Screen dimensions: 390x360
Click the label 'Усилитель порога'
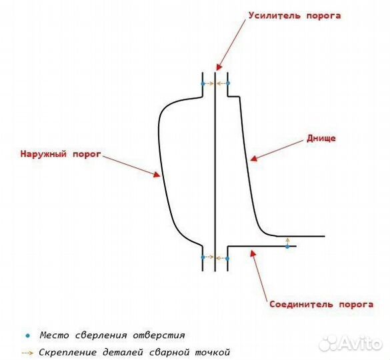coord(295,16)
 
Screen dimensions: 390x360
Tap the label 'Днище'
coord(321,138)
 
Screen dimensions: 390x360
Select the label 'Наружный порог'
coord(61,154)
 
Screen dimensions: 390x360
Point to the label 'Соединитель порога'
coord(321,304)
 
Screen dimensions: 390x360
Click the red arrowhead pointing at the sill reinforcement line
coord(219,67)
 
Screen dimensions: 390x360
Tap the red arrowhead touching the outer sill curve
coord(157,174)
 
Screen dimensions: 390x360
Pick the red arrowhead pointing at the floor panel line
coord(253,158)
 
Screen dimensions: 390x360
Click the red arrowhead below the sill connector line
coord(253,253)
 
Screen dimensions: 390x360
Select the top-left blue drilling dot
coord(203,83)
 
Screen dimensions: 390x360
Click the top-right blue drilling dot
coord(228,83)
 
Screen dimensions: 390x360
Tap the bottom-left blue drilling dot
coord(203,257)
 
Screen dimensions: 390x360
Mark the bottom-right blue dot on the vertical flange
coord(227,259)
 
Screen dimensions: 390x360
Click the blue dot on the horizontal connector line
coord(287,247)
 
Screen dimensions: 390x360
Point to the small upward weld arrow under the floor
coord(287,241)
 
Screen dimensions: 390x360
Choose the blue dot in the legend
coord(28,336)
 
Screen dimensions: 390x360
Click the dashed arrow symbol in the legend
coord(27,353)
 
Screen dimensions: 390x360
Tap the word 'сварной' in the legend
coord(168,352)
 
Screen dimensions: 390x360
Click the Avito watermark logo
coord(350,343)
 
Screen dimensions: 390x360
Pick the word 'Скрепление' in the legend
coord(67,352)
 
